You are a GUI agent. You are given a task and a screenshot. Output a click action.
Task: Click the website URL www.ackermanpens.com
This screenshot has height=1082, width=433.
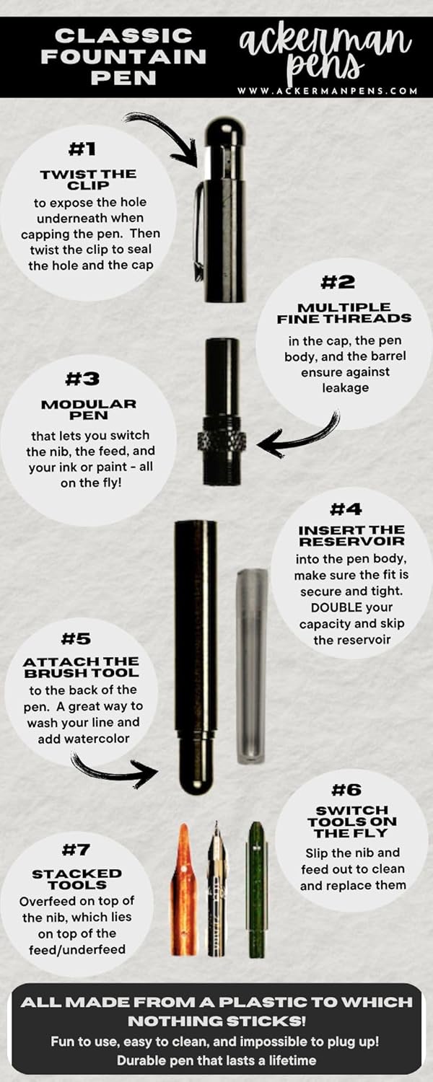coord(327,90)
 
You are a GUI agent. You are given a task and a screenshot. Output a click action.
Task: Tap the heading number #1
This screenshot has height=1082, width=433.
coord(82,149)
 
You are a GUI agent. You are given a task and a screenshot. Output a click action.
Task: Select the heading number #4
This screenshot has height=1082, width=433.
coord(346,509)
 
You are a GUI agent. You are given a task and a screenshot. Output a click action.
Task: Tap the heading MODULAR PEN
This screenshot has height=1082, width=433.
coord(89,409)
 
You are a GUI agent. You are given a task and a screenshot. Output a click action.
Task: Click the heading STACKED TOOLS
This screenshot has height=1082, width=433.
coord(76,879)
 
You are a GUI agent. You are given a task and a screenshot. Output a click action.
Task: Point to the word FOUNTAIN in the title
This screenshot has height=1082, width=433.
coord(123,56)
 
